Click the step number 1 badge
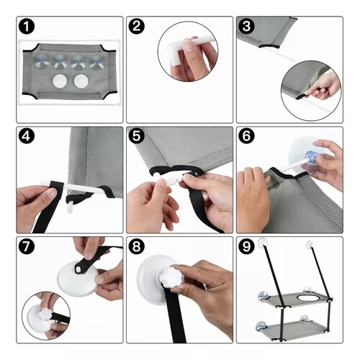[x=27, y=27]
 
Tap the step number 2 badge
[x=137, y=26]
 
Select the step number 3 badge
[x=246, y=26]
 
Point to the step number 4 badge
[x=27, y=136]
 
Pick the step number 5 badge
[x=137, y=136]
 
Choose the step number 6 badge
[x=246, y=136]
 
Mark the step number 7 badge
[x=27, y=246]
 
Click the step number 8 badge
[x=137, y=246]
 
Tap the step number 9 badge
[x=246, y=246]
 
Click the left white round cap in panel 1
[x=60, y=81]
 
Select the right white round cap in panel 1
[x=81, y=81]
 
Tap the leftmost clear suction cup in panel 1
[x=42, y=61]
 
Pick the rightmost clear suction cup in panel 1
[x=97, y=62]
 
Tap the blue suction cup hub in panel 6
[x=312, y=157]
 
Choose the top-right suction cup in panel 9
[x=310, y=244]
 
